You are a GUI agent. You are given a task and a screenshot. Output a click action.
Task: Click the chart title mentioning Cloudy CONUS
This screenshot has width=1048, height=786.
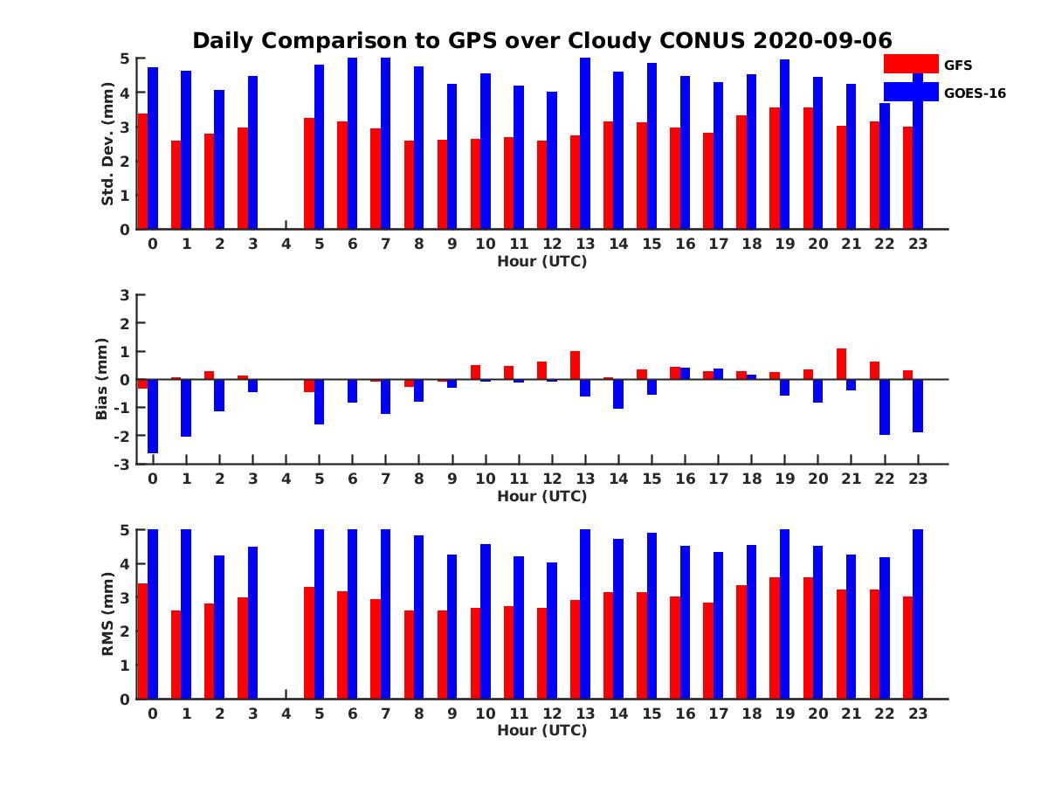point(541,41)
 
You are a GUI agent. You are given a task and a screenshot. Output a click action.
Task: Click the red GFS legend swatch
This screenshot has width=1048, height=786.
point(911,64)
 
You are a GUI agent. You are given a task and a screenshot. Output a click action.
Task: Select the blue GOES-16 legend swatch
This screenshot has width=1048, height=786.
point(911,92)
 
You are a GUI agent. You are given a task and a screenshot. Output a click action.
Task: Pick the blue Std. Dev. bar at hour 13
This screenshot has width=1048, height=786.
point(585,143)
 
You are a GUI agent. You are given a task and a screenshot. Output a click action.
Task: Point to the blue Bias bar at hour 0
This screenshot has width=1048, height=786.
point(153,416)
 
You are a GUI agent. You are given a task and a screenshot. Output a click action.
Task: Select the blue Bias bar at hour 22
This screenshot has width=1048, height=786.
point(885,407)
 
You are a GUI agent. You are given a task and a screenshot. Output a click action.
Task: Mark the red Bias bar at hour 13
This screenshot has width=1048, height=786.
point(575,365)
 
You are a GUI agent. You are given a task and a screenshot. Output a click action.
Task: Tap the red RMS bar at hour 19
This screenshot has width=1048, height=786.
point(775,638)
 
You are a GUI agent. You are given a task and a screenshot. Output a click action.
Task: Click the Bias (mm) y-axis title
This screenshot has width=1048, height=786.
point(101,379)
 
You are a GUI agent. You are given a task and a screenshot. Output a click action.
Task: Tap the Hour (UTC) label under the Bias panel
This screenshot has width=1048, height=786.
point(541,496)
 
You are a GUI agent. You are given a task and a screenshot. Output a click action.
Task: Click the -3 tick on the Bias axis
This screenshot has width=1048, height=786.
point(122,465)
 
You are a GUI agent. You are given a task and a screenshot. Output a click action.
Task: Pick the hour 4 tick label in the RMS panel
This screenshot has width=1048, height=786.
point(286,714)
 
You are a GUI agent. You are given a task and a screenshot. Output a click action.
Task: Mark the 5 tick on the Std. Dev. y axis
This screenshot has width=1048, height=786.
point(126,59)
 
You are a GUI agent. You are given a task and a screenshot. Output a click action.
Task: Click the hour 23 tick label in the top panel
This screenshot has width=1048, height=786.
point(917,244)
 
